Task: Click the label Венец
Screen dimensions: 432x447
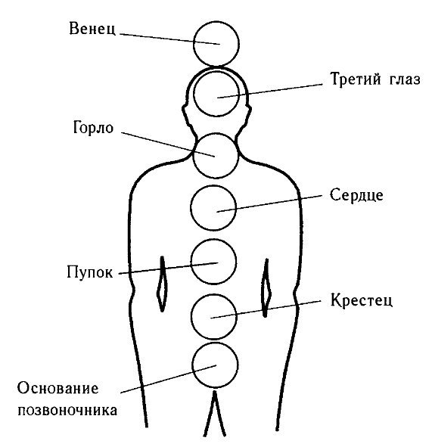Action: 92,29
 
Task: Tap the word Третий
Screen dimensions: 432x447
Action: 356,79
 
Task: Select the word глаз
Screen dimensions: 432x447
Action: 405,79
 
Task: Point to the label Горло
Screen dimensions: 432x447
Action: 93,127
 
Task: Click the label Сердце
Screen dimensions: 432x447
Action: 356,195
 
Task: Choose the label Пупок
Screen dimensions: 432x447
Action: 90,272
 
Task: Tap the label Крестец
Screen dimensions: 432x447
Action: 362,300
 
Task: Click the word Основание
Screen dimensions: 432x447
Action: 58,388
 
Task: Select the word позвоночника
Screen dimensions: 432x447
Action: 67,411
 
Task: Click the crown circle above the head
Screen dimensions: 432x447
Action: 194,43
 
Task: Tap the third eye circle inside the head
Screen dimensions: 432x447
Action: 194,94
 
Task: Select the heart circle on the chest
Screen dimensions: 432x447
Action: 191,208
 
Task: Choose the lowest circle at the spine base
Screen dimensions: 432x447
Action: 192,365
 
